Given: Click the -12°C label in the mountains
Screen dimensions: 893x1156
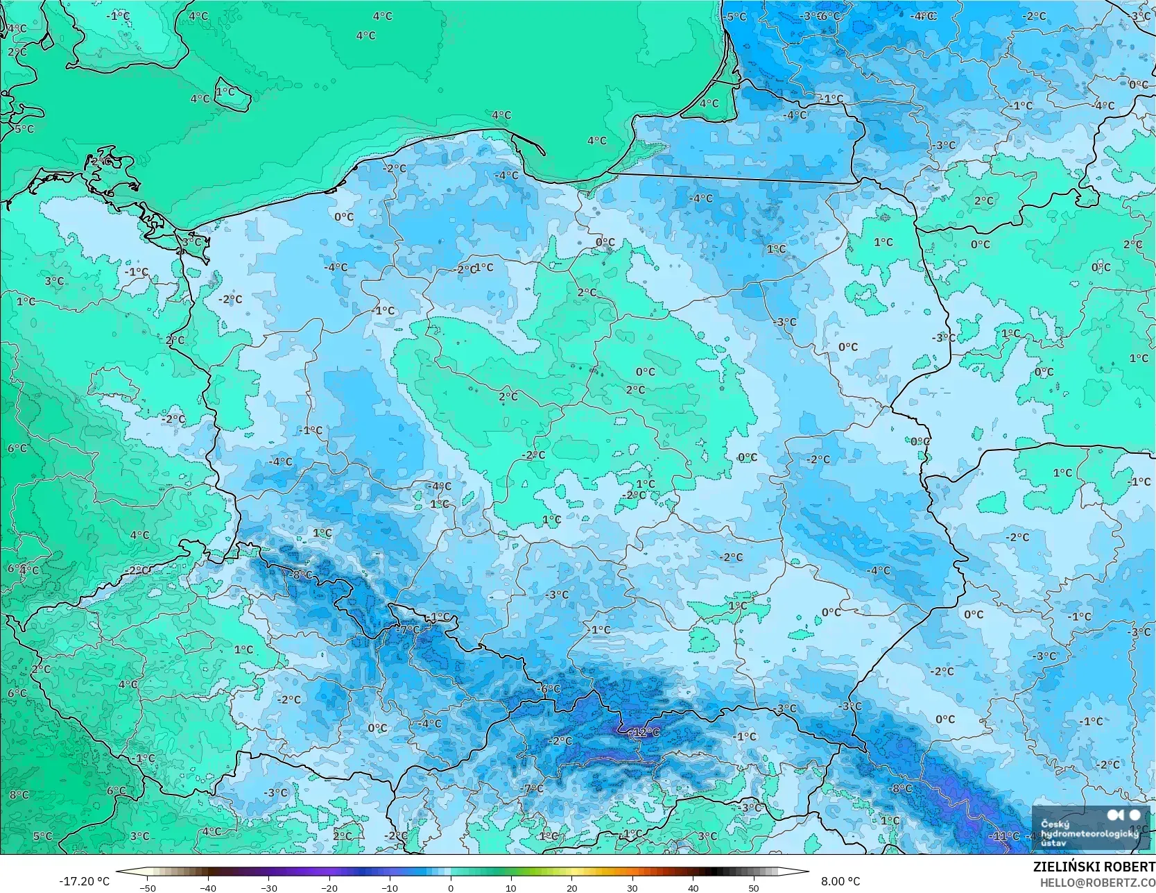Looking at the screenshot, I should [x=644, y=732].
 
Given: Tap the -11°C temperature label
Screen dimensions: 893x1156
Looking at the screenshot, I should [x=1005, y=836].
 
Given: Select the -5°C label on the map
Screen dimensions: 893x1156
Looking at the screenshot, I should [x=736, y=17].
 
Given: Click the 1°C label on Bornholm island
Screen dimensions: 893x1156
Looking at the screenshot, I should [x=225, y=92].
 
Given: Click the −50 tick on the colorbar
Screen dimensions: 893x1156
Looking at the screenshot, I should [x=147, y=887].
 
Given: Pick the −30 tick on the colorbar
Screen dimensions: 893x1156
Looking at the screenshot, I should [x=268, y=887].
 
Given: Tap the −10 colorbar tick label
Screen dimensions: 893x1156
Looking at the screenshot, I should [x=390, y=887].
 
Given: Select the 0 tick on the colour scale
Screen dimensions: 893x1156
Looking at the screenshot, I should [x=451, y=887].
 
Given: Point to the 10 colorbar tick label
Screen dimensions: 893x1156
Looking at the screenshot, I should [x=511, y=887].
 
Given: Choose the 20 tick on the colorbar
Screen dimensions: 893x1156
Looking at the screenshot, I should [x=572, y=887].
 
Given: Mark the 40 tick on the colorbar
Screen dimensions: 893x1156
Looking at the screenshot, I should [x=693, y=887].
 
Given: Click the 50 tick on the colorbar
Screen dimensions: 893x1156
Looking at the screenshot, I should [x=754, y=887].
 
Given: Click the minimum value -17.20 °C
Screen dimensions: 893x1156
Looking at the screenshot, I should [x=84, y=881].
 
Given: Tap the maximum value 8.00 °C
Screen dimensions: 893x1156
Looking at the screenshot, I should [x=840, y=881].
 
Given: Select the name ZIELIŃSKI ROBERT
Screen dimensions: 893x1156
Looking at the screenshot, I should [x=1094, y=867].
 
